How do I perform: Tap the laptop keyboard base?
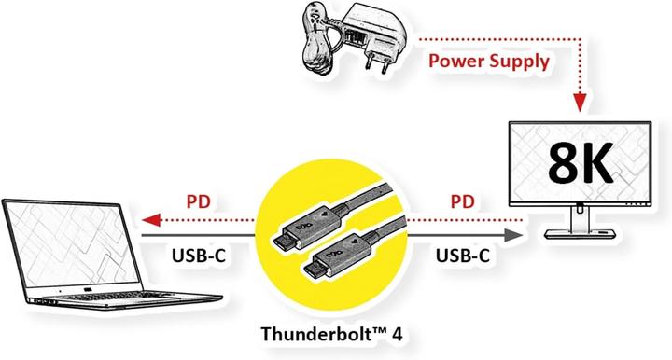(140, 298)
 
